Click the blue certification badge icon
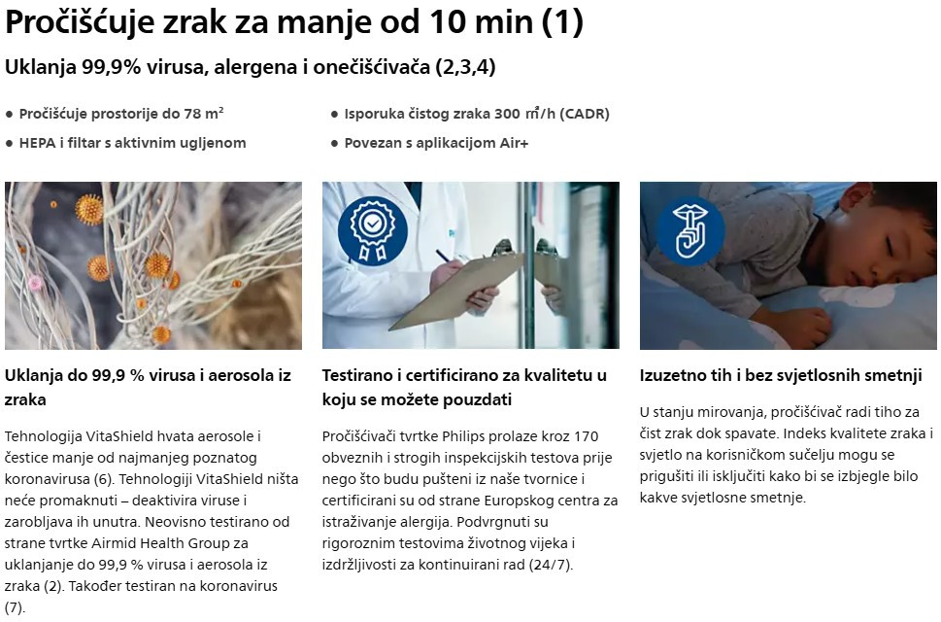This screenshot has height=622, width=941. click(x=373, y=230)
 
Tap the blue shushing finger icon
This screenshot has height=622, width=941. click(x=690, y=231)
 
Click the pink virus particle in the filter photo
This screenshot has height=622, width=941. click(x=35, y=282)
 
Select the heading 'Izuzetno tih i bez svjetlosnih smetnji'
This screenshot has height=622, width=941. click(x=781, y=376)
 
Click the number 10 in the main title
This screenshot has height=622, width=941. click(x=450, y=22)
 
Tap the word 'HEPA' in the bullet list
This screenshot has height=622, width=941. click(x=37, y=143)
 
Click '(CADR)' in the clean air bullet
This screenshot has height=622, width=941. click(x=585, y=114)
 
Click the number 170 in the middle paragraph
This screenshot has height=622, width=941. click(x=587, y=436)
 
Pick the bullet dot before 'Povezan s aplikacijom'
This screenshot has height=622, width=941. click(x=334, y=144)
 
